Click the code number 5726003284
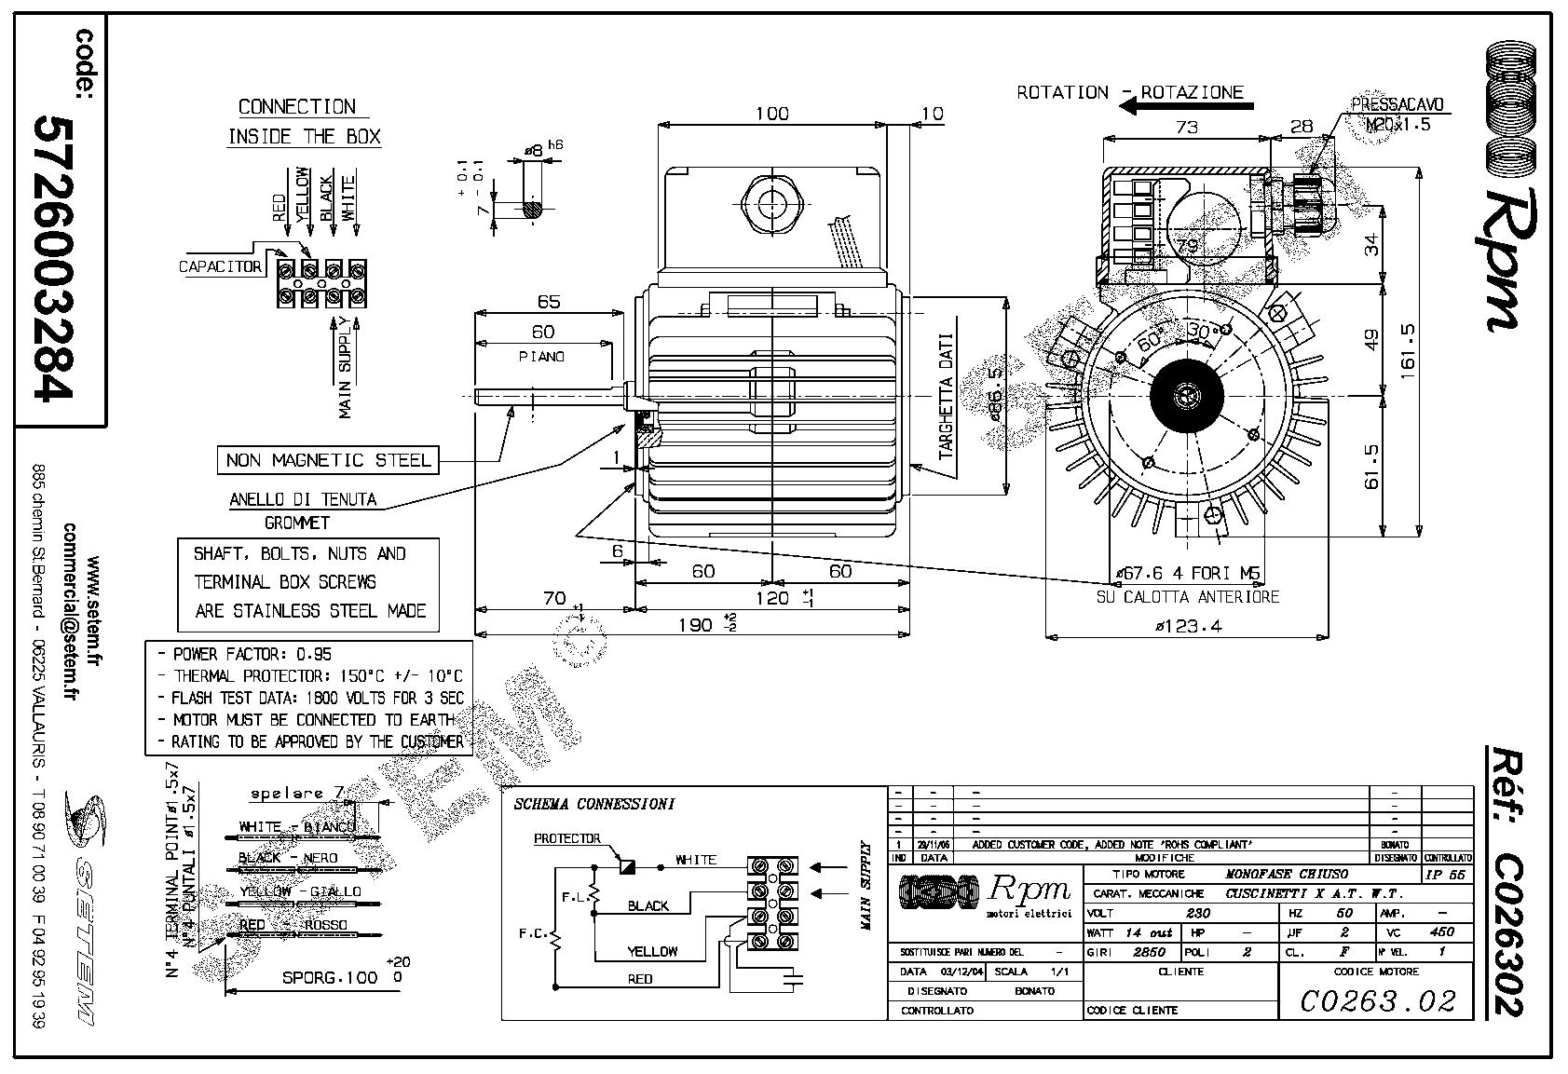point(53,258)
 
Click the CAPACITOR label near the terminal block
point(221,267)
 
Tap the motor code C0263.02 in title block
point(1377,1000)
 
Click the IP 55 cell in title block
point(1446,875)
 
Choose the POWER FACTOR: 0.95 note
point(252,654)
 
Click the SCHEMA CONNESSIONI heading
point(593,804)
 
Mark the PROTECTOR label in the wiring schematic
point(567,838)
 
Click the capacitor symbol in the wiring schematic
point(794,977)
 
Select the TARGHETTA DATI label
point(947,398)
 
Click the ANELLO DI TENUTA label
point(304,500)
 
